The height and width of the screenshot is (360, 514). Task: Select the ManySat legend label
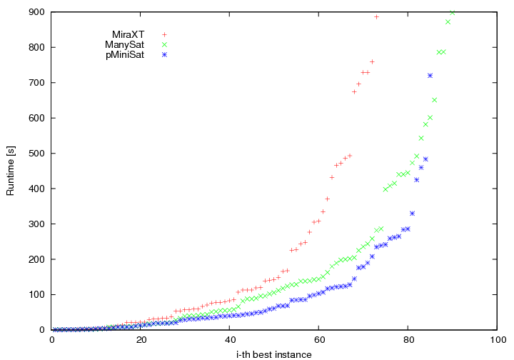(125, 44)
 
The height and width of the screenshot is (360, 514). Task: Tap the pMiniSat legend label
(125, 54)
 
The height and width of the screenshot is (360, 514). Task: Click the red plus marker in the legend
(164, 34)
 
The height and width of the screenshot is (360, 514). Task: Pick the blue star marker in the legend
(164, 54)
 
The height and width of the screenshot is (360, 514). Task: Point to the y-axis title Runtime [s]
(11, 171)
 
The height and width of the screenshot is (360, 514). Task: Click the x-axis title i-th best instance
(274, 354)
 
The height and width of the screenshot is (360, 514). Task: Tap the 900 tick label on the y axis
(36, 12)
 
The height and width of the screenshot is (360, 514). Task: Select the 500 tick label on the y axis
(36, 154)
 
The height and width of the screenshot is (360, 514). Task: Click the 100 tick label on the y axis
(36, 294)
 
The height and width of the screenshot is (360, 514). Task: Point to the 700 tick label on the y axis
(36, 83)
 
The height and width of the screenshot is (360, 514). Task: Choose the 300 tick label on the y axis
(36, 224)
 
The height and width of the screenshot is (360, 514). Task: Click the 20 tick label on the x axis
(141, 339)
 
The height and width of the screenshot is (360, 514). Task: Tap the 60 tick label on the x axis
(318, 339)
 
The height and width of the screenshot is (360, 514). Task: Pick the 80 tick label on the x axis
(408, 339)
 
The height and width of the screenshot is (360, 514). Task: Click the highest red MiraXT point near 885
(376, 16)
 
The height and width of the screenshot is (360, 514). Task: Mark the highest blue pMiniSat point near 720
(430, 76)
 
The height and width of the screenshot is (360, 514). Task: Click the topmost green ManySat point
(453, 12)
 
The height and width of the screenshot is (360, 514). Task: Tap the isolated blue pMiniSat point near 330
(412, 214)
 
